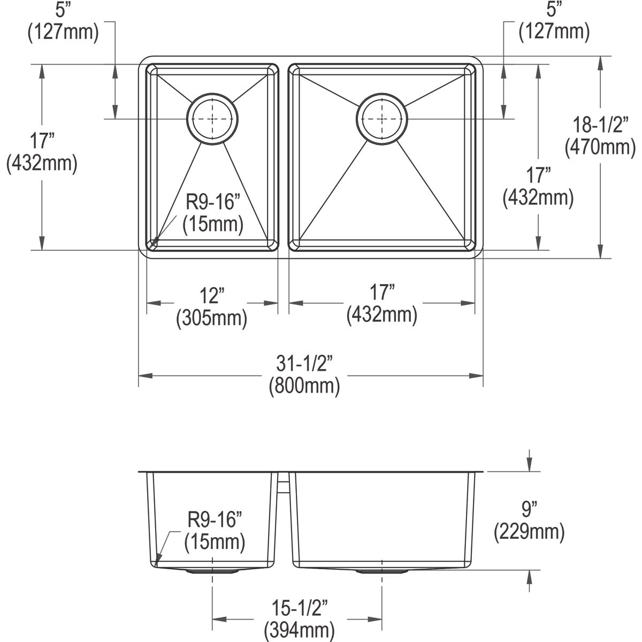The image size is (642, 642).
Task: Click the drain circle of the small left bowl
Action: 213,119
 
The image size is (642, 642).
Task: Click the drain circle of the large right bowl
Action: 382,119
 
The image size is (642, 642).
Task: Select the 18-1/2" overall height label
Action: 600,125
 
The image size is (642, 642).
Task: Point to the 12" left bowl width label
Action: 212,295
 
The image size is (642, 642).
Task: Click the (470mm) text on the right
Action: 600,147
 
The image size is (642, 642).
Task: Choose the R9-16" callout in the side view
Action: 215,518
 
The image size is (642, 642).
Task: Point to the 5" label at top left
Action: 63,9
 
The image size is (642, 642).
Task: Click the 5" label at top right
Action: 554,9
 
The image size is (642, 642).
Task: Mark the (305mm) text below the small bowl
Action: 212,318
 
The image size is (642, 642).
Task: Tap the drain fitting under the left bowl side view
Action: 213,571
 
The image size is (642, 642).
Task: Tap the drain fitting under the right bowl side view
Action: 382,571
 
